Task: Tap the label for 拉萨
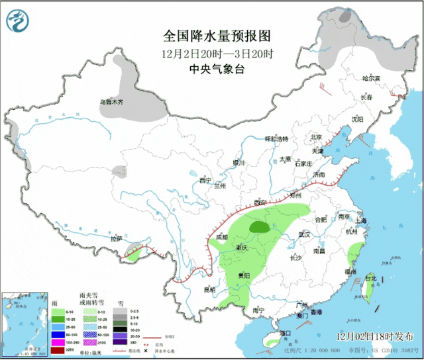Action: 117,239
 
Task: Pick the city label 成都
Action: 221,237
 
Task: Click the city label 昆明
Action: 209,290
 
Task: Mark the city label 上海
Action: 361,220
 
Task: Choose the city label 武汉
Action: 304,234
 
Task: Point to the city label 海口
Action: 286,333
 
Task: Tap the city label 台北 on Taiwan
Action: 373,279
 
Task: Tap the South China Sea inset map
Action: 25,324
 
